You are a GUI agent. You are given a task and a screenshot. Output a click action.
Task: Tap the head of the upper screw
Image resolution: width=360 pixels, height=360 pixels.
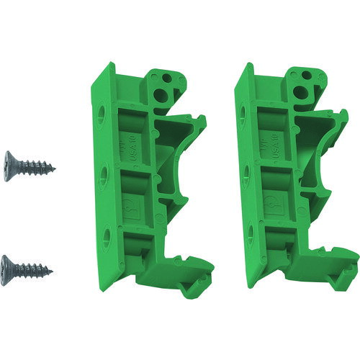click(x=9, y=158)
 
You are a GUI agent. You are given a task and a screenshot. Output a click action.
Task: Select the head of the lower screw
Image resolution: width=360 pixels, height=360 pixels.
click(x=9, y=262)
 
